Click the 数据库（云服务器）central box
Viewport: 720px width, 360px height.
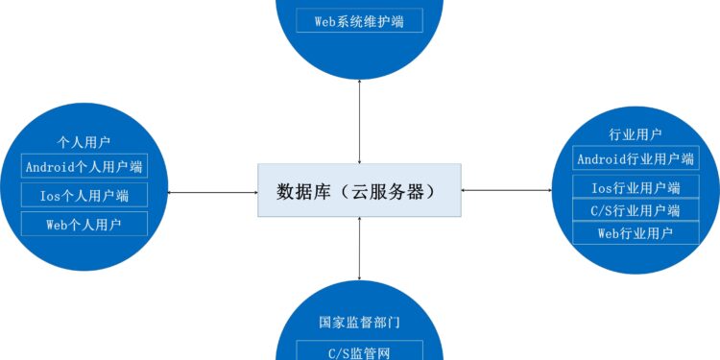359,190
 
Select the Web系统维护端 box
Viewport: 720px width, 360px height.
359,20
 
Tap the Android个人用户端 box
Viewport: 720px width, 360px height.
84,166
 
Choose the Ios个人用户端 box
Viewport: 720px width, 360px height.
84,196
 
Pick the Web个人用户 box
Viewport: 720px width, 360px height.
84,225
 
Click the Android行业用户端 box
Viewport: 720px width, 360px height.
636,158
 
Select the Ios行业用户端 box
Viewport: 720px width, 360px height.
636,187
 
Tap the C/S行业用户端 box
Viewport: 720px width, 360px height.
636,210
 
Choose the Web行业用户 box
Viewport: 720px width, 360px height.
636,232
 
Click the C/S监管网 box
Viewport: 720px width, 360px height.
359,351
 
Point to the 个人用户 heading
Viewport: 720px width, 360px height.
84,141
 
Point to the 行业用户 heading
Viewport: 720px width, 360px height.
636,133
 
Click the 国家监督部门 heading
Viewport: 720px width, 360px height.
359,324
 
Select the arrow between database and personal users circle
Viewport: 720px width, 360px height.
212,191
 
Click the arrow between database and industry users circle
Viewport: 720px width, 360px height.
508,190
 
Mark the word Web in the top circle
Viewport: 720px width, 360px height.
325,20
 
